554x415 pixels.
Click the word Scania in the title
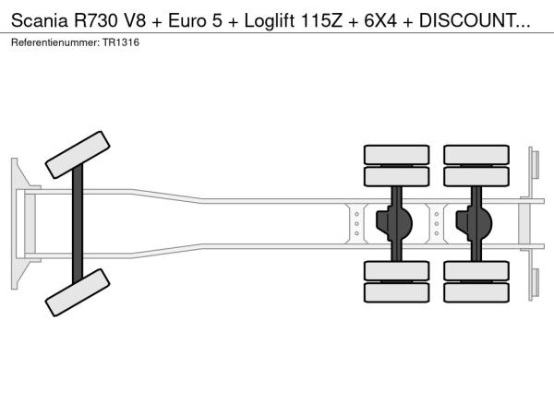coord(39,21)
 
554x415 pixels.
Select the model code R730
coord(95,21)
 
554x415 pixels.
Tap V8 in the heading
coord(134,21)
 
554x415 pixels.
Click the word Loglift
coord(270,21)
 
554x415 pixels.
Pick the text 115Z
coord(321,21)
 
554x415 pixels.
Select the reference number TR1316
coord(121,42)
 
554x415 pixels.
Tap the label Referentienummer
coord(55,42)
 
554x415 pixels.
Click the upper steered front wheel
coord(78,155)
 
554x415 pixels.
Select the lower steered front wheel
coord(78,292)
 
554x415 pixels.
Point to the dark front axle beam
coord(78,224)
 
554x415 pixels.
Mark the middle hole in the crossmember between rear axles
coord(437,224)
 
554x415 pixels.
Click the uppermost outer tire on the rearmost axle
coord(476,155)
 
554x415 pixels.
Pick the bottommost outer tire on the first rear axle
coord(396,292)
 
